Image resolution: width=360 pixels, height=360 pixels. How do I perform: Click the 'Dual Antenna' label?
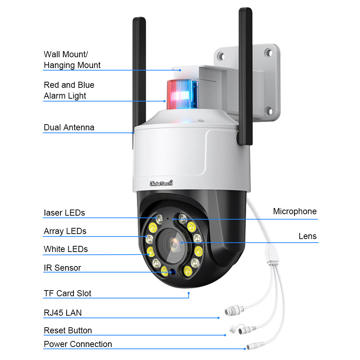click(69, 127)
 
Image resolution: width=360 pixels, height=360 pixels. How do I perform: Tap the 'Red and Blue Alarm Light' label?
click(69, 90)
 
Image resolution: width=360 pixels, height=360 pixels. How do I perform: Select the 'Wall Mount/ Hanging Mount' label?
click(72, 60)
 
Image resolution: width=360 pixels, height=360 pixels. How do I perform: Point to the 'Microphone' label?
click(294, 211)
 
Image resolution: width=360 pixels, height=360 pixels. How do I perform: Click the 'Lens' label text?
click(307, 236)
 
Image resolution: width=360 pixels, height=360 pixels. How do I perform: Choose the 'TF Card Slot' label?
click(67, 293)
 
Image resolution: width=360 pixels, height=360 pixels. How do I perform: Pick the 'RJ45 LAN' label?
click(63, 313)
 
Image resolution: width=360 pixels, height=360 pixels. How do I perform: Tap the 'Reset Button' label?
click(68, 330)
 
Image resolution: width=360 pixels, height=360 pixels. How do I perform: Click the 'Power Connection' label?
click(78, 344)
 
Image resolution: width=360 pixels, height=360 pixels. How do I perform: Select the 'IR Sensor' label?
click(62, 268)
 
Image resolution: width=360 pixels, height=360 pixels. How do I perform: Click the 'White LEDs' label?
click(66, 249)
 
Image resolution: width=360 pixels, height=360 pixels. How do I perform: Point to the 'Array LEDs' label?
click(65, 231)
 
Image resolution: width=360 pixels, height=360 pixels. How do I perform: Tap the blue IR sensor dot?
click(172, 272)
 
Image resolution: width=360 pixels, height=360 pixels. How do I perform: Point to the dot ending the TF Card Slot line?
click(188, 293)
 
